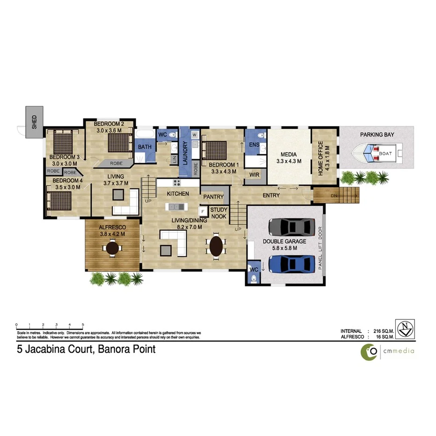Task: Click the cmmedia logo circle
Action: point(370,350)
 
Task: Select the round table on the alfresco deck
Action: point(113,247)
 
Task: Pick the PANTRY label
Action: point(213,197)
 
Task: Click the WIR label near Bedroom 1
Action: point(254,175)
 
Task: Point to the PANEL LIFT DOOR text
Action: point(320,248)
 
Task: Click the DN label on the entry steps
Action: point(334,196)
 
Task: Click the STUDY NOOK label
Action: point(219,213)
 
